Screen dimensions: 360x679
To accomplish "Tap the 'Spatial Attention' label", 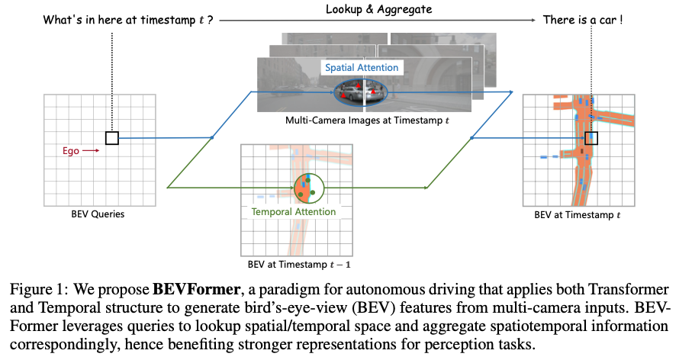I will pos(362,68).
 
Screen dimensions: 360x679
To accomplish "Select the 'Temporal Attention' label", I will pos(293,211).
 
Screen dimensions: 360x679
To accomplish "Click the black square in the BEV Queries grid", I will pos(112,138).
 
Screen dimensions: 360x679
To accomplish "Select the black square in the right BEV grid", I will pos(591,138).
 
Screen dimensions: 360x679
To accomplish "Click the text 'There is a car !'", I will pos(582,20).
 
